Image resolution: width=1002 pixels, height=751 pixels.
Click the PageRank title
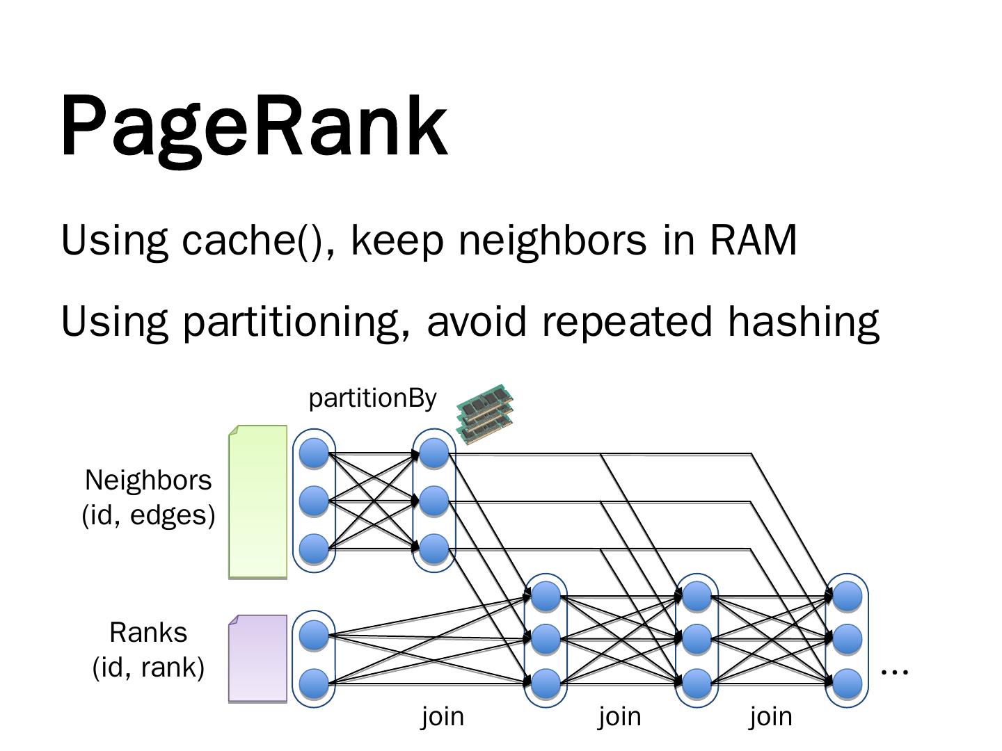pos(254,126)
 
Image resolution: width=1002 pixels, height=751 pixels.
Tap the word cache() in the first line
pos(252,241)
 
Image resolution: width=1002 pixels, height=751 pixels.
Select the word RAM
pos(753,241)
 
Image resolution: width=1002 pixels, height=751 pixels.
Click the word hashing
pos(804,322)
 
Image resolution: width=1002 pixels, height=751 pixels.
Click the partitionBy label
pos(372,398)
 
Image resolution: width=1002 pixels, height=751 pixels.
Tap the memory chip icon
pos(486,412)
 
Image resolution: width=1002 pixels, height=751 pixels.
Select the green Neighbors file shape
pos(258,501)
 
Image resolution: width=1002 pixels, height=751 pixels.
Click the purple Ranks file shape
pos(258,658)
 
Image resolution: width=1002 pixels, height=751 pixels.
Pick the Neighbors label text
pos(148,481)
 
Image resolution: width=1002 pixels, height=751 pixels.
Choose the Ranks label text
pos(148,633)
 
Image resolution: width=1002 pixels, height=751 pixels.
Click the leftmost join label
pos(443,716)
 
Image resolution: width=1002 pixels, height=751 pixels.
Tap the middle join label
pos(619,716)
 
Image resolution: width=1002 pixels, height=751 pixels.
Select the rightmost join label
pos(770,716)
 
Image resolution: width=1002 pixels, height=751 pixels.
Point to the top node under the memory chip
pos(434,453)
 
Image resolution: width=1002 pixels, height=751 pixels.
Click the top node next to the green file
pos(314,453)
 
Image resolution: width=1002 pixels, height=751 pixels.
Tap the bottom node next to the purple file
pos(314,683)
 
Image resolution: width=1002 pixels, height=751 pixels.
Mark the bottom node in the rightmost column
pos(847,683)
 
